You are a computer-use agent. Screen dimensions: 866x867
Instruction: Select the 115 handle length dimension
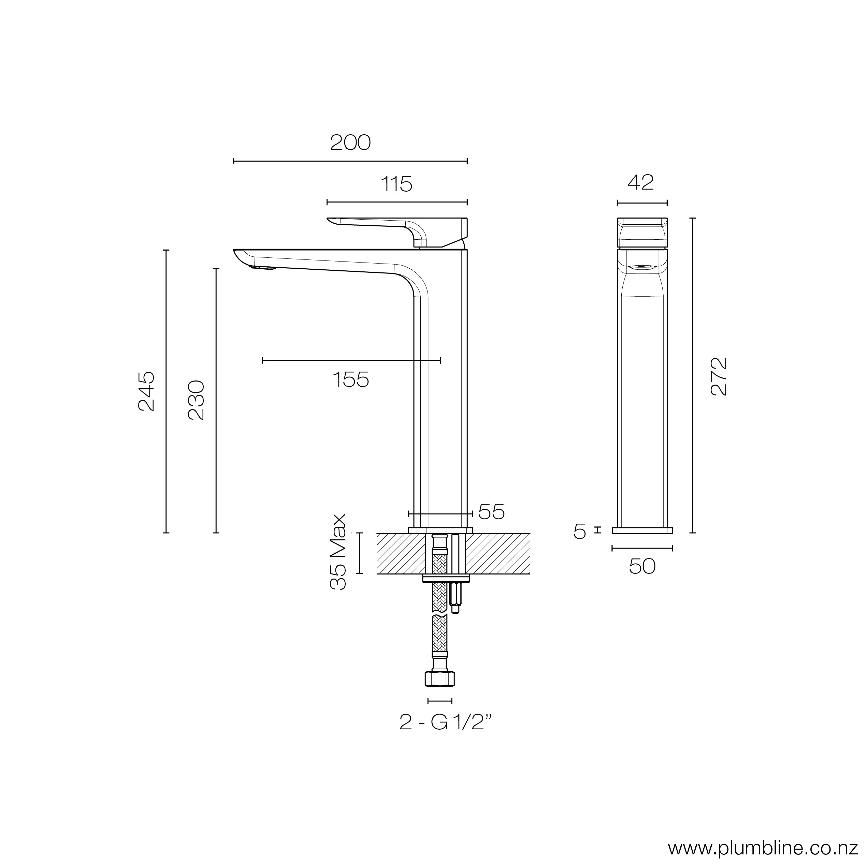click(396, 184)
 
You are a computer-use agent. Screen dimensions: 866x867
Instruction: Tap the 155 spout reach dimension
click(350, 380)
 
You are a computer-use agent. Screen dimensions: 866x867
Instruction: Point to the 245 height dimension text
click(147, 391)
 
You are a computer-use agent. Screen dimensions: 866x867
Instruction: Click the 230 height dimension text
click(196, 400)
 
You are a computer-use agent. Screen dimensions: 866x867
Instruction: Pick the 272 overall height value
click(719, 376)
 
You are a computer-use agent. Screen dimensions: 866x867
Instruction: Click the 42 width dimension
click(641, 182)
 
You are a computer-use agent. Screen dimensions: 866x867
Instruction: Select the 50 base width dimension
click(642, 566)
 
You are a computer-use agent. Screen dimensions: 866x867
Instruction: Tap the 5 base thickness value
click(580, 532)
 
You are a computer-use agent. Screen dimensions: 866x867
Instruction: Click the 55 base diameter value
click(491, 512)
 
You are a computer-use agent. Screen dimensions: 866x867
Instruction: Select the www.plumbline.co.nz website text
click(766, 848)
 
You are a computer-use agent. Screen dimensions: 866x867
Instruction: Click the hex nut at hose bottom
click(439, 679)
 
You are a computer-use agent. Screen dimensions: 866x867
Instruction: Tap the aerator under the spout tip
click(262, 268)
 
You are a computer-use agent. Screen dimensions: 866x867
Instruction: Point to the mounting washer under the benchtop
click(446, 579)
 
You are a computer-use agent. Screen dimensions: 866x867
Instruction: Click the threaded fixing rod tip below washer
click(455, 609)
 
